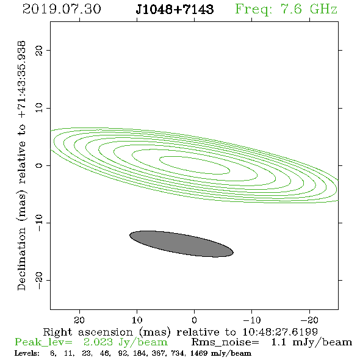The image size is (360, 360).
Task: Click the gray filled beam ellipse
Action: pyautogui.click(x=181, y=244)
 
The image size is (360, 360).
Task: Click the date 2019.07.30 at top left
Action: pyautogui.click(x=62, y=9)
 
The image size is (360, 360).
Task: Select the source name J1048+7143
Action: pyautogui.click(x=175, y=9)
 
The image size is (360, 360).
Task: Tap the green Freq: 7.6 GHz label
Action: pyautogui.click(x=286, y=9)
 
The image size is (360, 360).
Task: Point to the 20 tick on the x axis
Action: pyautogui.click(x=79, y=320)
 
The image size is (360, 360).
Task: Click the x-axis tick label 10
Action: pyautogui.click(x=137, y=320)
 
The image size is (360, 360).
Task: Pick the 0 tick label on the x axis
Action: pyautogui.click(x=194, y=320)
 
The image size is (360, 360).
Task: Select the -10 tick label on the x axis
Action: pyautogui.click(x=252, y=320)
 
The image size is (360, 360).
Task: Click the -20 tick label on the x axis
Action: pyautogui.click(x=309, y=320)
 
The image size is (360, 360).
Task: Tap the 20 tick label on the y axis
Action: pyautogui.click(x=39, y=50)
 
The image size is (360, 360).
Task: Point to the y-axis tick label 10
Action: pyautogui.click(x=39, y=107)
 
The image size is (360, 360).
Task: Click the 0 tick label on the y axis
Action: pyautogui.click(x=39, y=165)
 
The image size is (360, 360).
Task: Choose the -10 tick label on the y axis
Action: pyautogui.click(x=39, y=223)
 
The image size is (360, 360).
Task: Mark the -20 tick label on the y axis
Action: pyautogui.click(x=39, y=280)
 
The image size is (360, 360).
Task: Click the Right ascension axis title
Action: pyautogui.click(x=181, y=332)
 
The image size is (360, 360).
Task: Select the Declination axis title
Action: pyautogui.click(x=21, y=165)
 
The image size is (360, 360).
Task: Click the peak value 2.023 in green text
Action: pyautogui.click(x=98, y=342)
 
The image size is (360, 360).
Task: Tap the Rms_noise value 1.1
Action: pyautogui.click(x=278, y=342)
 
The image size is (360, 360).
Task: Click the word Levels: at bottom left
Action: pyautogui.click(x=27, y=353)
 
